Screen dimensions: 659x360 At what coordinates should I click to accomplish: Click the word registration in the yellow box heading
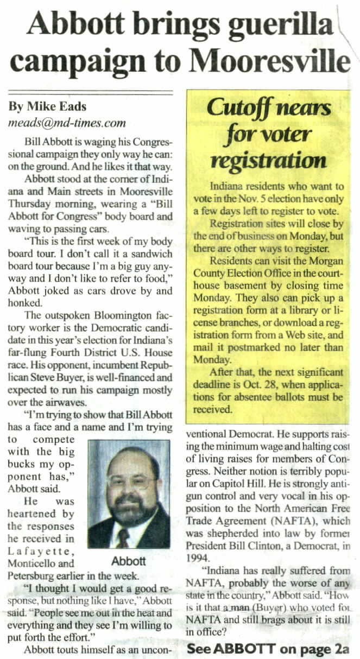click(269, 161)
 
